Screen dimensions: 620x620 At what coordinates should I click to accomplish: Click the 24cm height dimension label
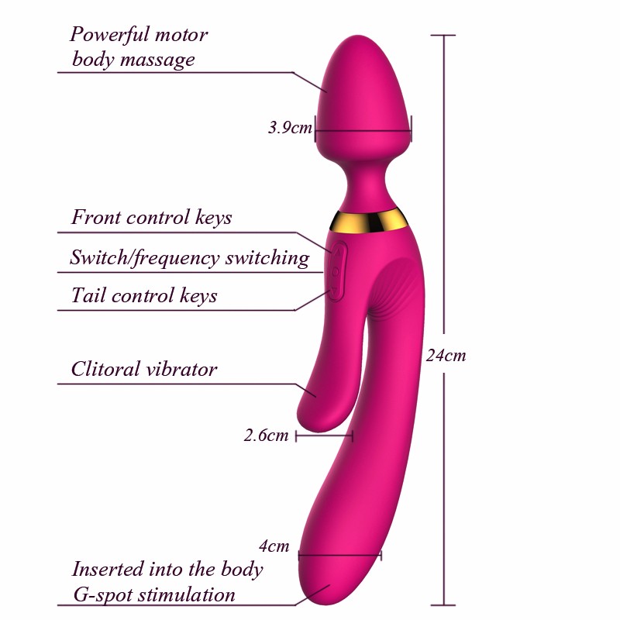(x=446, y=356)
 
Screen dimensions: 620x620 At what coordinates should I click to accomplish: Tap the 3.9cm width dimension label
(x=290, y=127)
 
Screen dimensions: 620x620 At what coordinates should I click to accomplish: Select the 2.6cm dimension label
(x=266, y=435)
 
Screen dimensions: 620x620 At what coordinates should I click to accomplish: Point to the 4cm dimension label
(x=274, y=546)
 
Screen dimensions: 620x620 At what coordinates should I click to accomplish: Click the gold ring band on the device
(x=367, y=220)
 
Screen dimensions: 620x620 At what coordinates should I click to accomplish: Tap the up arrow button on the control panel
(x=337, y=251)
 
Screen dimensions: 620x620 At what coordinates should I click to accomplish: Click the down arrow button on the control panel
(x=336, y=291)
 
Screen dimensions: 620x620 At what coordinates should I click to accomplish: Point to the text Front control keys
(x=151, y=218)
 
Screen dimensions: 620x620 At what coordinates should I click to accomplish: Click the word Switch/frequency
(x=144, y=258)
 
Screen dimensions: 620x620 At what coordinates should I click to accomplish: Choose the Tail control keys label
(x=144, y=295)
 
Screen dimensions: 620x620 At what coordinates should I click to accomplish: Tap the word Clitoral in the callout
(x=105, y=369)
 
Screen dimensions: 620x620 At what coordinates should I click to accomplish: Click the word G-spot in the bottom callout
(x=103, y=595)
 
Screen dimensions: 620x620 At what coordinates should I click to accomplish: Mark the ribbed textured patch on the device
(x=391, y=288)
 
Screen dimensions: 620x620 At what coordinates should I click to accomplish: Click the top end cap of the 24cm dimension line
(x=443, y=35)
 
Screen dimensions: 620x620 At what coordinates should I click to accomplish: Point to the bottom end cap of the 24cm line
(x=443, y=605)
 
